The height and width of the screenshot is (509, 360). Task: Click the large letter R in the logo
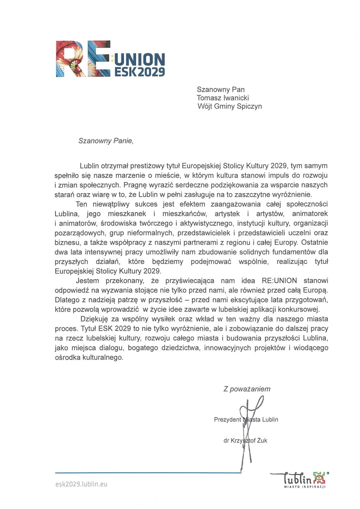(70, 59)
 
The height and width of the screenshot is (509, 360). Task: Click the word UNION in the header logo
(140, 60)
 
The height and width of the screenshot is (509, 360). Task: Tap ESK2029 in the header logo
(140, 72)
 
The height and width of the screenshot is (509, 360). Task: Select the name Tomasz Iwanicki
(223, 98)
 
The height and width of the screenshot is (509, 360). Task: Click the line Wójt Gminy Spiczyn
(230, 106)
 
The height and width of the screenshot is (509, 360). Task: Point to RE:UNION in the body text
(279, 281)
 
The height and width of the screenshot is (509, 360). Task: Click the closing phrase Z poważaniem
(247, 389)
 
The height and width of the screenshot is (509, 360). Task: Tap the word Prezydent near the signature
(227, 419)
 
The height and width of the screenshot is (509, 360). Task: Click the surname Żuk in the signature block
(262, 441)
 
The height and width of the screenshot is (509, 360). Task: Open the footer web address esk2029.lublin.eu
(81, 484)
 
